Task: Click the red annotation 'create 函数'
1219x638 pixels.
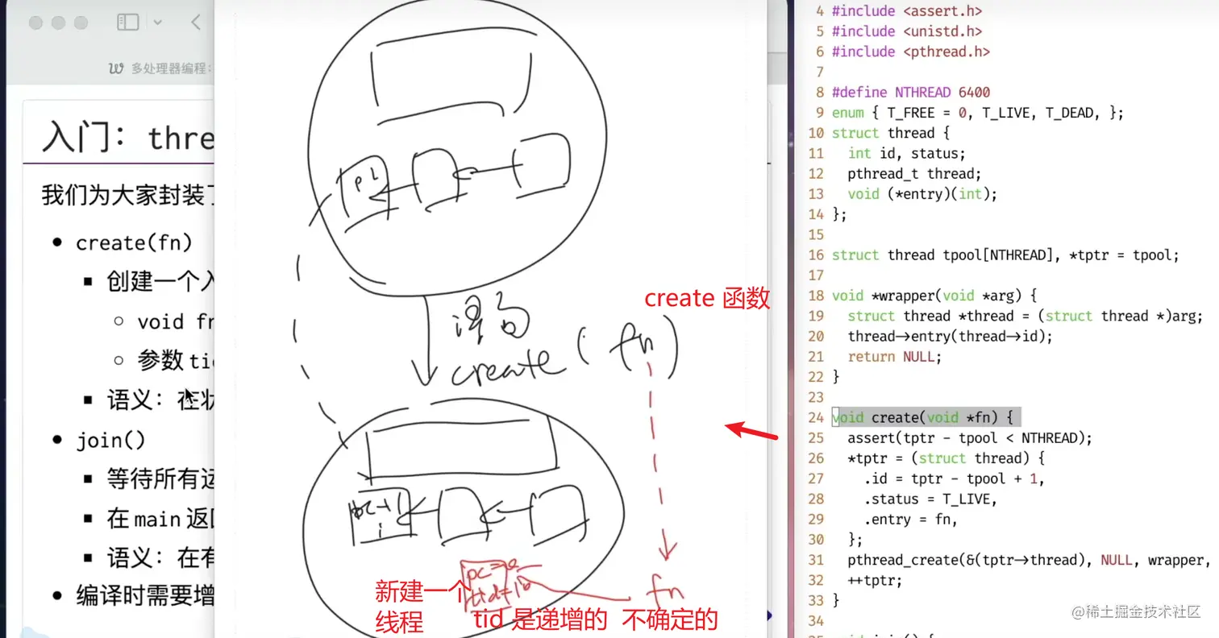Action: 707,299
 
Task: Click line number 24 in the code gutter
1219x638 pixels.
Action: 815,417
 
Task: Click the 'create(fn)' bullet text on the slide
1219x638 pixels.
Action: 134,243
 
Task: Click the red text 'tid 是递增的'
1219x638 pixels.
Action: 539,619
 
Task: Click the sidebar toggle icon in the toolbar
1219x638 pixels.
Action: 128,23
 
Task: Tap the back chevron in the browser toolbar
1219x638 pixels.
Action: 196,23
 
